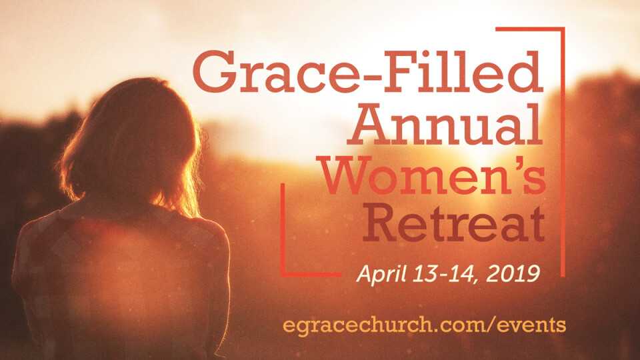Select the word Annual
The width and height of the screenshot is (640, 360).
(x=445, y=124)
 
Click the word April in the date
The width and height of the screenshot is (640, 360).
(x=381, y=274)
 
